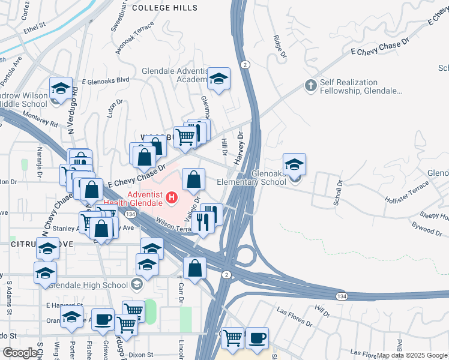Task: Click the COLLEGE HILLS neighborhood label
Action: coord(164,8)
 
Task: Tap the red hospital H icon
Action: coord(172,196)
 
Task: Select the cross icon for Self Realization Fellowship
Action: coord(310,86)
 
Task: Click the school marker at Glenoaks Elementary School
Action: coord(294,165)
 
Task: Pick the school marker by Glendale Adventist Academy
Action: coord(219,79)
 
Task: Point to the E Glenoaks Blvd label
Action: coord(106,80)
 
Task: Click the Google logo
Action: coord(20,353)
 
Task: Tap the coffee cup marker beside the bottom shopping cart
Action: coord(257,338)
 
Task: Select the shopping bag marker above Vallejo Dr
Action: coord(193,179)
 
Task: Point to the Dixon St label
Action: coord(141,355)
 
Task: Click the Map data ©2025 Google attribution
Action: coord(412,355)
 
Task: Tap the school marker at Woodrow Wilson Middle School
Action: coord(61,88)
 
